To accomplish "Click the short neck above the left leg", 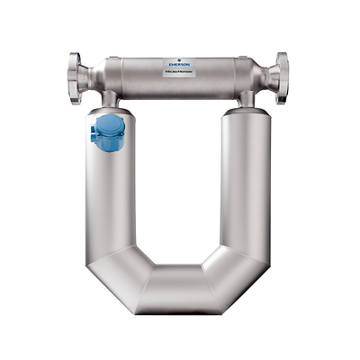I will (x=110, y=97).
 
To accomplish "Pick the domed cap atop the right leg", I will (x=247, y=113).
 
